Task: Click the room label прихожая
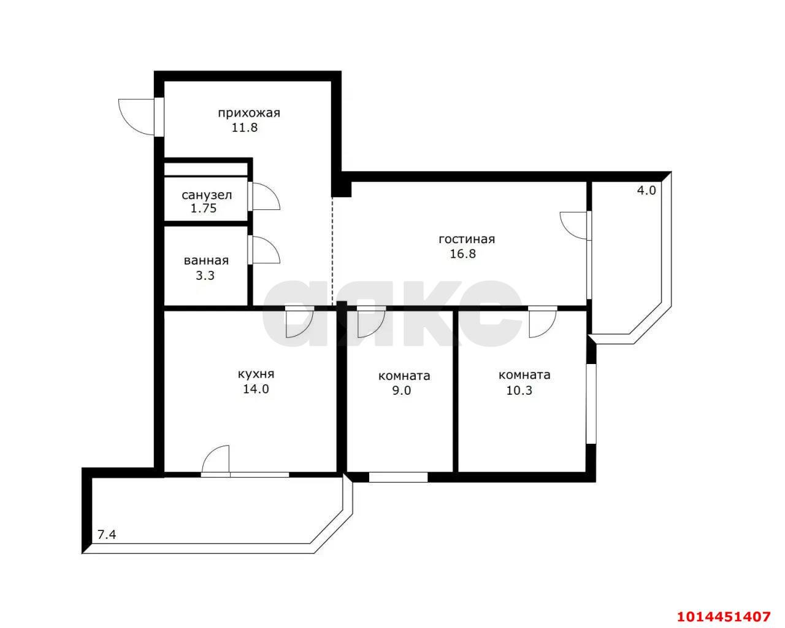point(248,113)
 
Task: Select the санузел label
point(207,195)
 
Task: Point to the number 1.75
point(203,209)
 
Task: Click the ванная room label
point(206,261)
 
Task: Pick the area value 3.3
point(205,276)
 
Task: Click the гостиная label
point(466,239)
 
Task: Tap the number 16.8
point(463,254)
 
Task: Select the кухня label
point(256,374)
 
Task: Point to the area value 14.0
point(256,389)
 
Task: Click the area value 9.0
point(401,390)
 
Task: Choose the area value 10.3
point(519,390)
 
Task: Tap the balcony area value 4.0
point(646,190)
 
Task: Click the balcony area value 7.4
point(107,535)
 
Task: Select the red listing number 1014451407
point(723,614)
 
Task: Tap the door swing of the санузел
point(265,196)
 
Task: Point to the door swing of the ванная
point(265,252)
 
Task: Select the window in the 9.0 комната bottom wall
point(398,477)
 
